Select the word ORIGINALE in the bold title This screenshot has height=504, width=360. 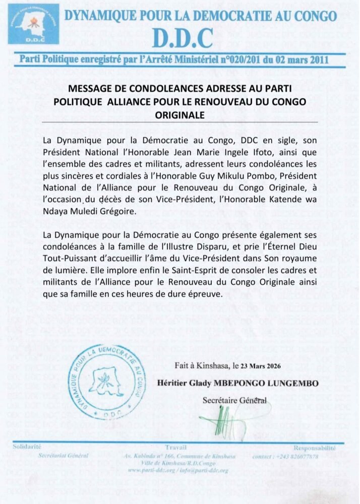(179, 115)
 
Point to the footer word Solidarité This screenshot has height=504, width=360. (27, 447)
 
